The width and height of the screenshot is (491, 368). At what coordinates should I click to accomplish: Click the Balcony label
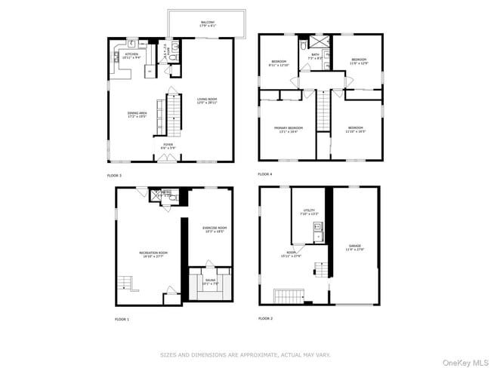tap(207, 23)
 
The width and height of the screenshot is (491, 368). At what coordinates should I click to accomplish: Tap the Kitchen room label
tap(131, 56)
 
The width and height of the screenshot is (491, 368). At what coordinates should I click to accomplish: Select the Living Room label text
tap(207, 100)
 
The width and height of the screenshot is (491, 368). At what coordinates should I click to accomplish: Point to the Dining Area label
tap(137, 114)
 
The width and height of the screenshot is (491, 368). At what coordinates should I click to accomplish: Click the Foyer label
tap(167, 146)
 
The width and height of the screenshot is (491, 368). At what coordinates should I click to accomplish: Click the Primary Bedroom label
tap(288, 129)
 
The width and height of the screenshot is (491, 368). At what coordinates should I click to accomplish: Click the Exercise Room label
tap(215, 229)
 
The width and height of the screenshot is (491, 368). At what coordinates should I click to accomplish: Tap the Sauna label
tap(208, 282)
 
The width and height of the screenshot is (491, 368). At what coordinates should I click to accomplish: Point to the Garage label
tap(354, 247)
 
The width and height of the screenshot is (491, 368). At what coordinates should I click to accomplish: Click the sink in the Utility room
tap(318, 226)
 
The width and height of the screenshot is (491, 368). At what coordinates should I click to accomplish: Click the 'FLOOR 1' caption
tap(122, 319)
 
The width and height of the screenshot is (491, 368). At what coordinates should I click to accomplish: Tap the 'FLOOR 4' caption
tap(264, 174)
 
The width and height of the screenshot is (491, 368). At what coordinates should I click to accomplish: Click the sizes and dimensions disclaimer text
tap(246, 353)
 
